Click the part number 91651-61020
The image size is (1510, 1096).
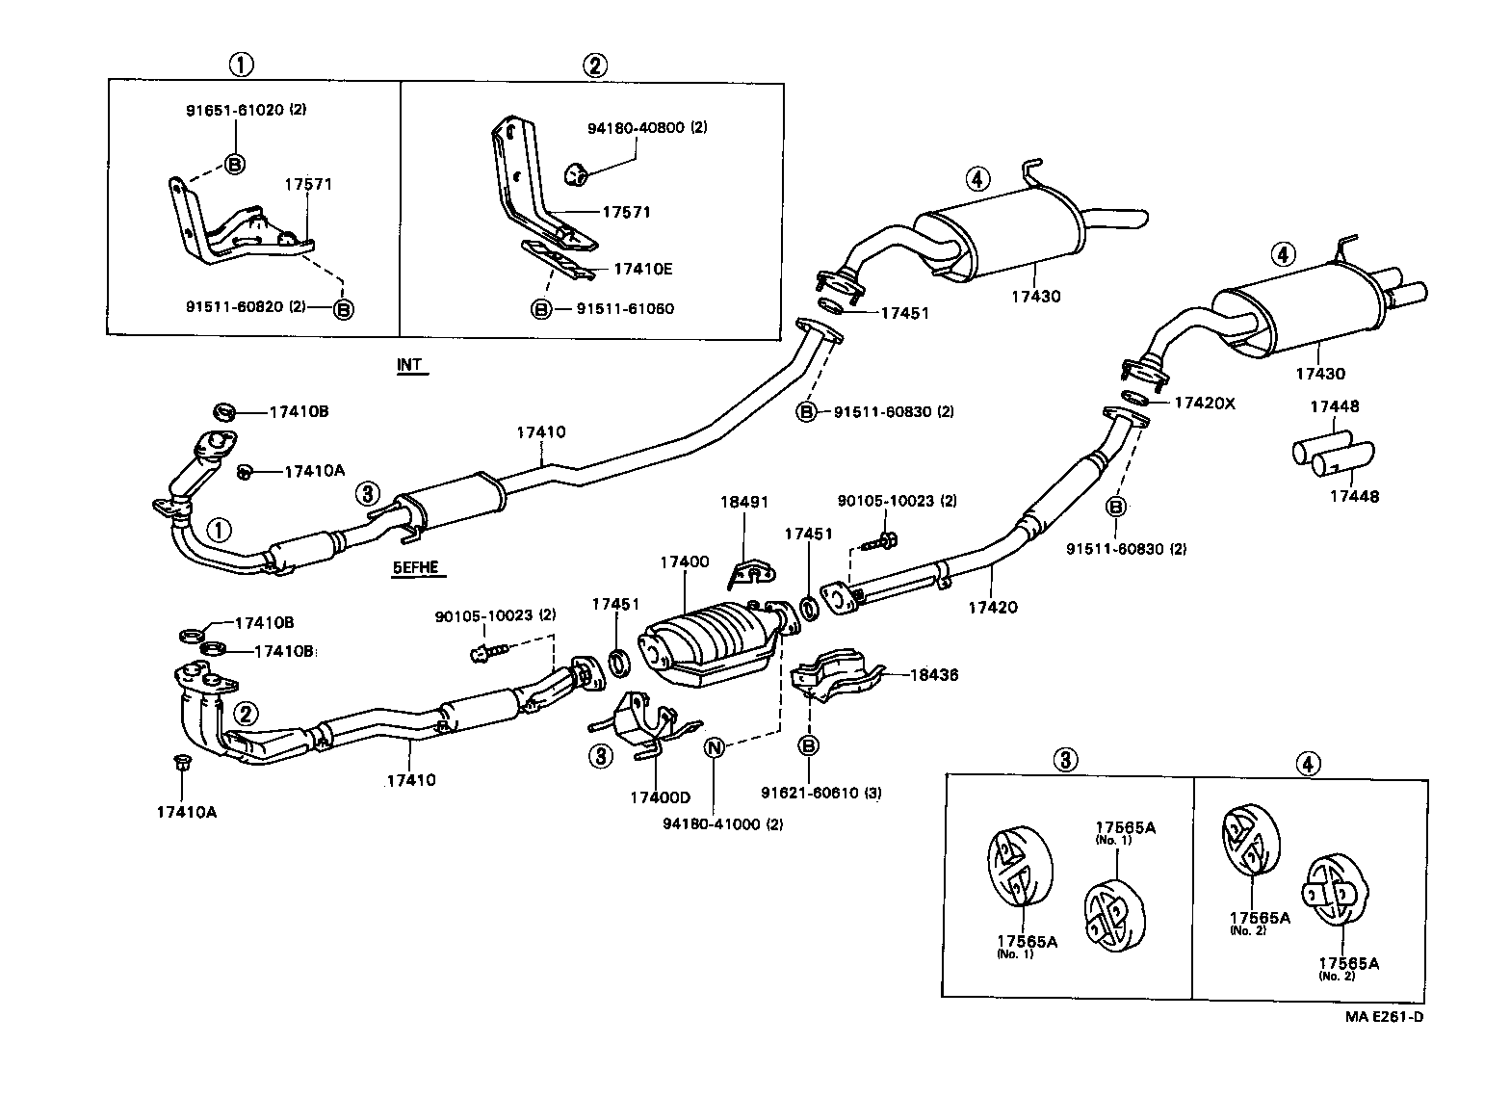pos(235,110)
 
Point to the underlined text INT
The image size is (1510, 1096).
pos(409,365)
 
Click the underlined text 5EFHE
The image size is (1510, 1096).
pos(415,567)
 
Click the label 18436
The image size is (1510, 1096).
pos(934,675)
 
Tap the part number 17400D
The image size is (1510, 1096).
pos(660,797)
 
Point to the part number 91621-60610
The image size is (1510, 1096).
pos(808,793)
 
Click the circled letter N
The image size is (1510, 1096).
pos(715,746)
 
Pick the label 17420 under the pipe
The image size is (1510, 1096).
pos(992,607)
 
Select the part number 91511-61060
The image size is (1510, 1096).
pos(625,309)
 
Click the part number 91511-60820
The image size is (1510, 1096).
pos(234,306)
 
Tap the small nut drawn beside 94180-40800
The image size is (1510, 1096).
pos(575,173)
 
